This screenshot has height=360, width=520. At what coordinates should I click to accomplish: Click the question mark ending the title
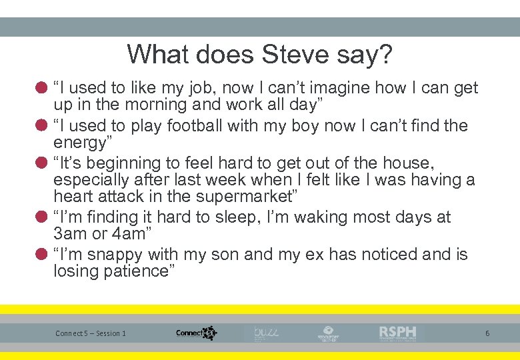click(x=385, y=54)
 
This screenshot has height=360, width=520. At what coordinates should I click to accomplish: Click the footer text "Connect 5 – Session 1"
click(x=91, y=333)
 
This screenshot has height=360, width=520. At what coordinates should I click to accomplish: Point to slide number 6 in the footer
click(x=487, y=333)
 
